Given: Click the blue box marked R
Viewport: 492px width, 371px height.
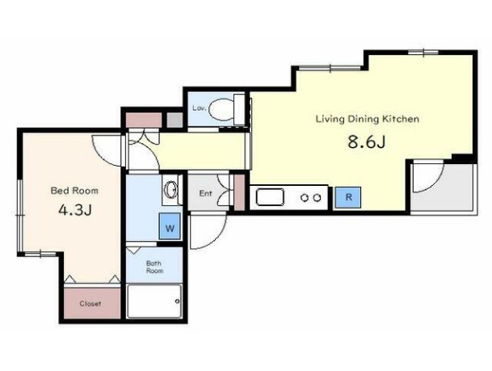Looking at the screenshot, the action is tap(348, 197).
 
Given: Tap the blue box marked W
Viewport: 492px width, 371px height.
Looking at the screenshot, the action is tap(170, 226).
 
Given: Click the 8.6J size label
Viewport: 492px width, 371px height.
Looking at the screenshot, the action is tap(367, 142).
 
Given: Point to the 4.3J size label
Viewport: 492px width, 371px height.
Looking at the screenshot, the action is tap(75, 210).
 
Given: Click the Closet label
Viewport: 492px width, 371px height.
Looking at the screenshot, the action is tap(90, 304).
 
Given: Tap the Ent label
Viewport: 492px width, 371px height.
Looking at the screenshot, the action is tap(205, 193).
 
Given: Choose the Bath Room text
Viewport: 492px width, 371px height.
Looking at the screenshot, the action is tap(154, 267).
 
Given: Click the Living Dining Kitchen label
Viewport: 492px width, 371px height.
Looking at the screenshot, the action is tap(367, 120).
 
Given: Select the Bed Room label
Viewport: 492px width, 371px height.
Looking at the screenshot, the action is tap(74, 191).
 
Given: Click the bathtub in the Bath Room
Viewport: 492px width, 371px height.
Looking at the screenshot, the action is tap(154, 301).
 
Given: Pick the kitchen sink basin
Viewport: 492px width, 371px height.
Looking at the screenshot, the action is tap(270, 197).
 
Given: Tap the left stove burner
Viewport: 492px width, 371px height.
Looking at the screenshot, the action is tap(304, 198).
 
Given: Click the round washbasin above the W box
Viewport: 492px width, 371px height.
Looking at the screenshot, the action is tap(171, 190).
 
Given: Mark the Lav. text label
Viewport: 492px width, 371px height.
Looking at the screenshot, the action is tap(200, 108).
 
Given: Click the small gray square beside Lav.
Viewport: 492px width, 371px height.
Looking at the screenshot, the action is tap(175, 120).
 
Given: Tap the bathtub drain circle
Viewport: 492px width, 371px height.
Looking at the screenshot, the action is tap(178, 301).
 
